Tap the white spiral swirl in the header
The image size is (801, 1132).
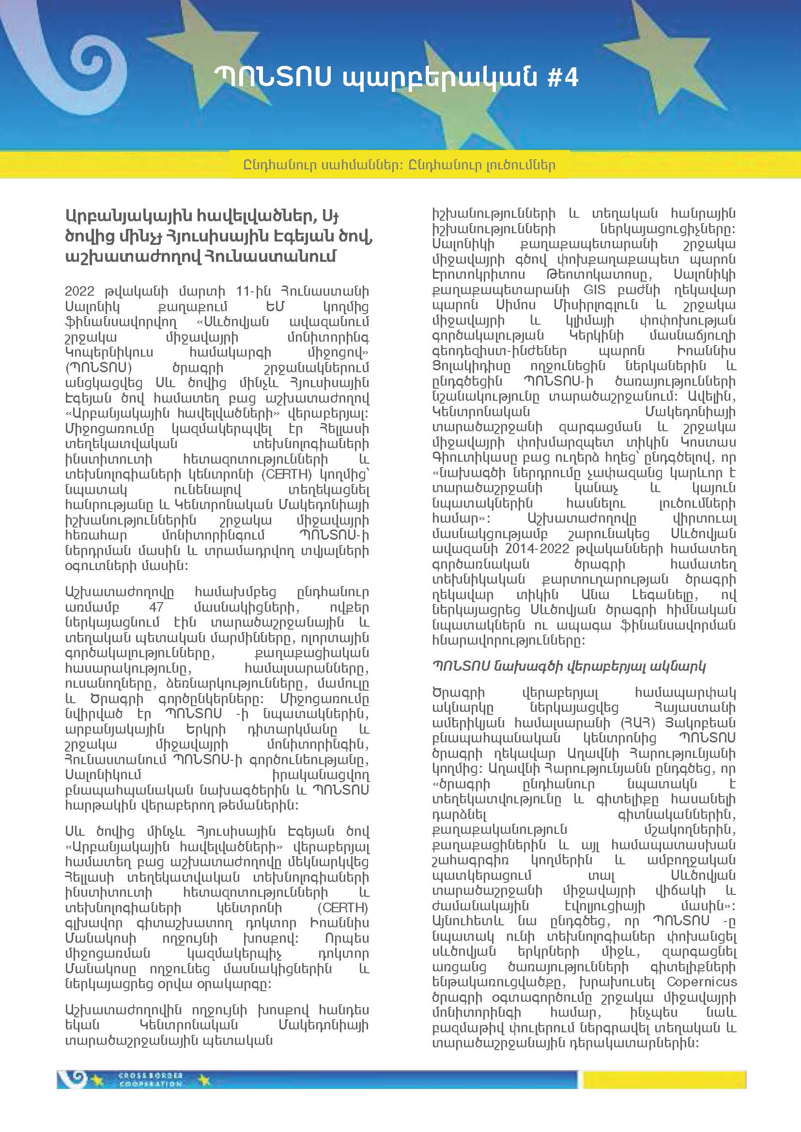coord(89,64)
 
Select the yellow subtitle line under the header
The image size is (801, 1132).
coord(400,165)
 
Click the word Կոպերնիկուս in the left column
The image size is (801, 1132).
coord(109,352)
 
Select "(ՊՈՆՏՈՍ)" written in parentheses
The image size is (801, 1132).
coord(98,368)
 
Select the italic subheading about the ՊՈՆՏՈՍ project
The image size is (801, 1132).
coord(569,666)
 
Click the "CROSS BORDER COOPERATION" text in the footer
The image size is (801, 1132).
coord(151,1080)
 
